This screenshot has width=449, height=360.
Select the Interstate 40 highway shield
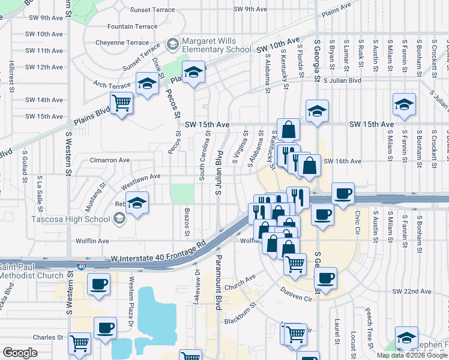[x=82, y=265]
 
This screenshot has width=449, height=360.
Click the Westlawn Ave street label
[x=140, y=176]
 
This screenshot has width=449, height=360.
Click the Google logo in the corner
[x=20, y=353]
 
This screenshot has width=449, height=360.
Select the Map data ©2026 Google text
[x=412, y=355]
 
